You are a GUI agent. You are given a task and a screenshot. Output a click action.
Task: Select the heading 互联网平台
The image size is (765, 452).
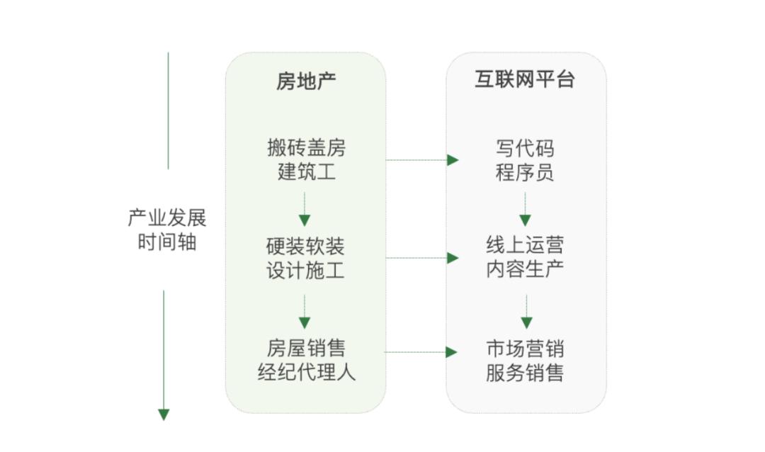pyautogui.click(x=525, y=79)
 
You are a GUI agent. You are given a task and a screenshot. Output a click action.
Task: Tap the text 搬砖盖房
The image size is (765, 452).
pyautogui.click(x=306, y=148)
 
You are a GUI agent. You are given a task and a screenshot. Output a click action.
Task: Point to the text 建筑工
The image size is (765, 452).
pyautogui.click(x=306, y=171)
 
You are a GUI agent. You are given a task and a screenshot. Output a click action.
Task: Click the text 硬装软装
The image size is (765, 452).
pyautogui.click(x=305, y=247)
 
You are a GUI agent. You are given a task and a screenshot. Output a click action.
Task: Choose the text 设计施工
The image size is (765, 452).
pyautogui.click(x=305, y=271)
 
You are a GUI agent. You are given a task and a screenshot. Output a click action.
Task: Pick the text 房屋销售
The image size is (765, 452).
pyautogui.click(x=306, y=349)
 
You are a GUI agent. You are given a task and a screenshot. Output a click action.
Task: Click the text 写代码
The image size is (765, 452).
pyautogui.click(x=525, y=148)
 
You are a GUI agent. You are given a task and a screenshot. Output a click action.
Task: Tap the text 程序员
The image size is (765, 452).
pyautogui.click(x=525, y=172)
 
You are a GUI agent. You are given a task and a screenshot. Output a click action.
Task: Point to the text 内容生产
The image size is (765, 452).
pyautogui.click(x=525, y=270)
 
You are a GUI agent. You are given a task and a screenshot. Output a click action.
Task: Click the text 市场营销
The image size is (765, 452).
pyautogui.click(x=525, y=349)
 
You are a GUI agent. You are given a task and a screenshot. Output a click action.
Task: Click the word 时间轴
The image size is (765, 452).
pyautogui.click(x=167, y=242)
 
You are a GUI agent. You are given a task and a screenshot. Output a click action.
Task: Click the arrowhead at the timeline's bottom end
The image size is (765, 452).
pyautogui.click(x=164, y=414)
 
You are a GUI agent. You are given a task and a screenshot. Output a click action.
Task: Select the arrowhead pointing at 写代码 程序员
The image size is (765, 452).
pyautogui.click(x=453, y=160)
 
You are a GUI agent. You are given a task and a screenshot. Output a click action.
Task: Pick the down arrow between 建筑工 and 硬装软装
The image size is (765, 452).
pyautogui.click(x=305, y=220)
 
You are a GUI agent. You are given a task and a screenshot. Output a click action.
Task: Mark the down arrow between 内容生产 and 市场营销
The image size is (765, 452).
pyautogui.click(x=526, y=322)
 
